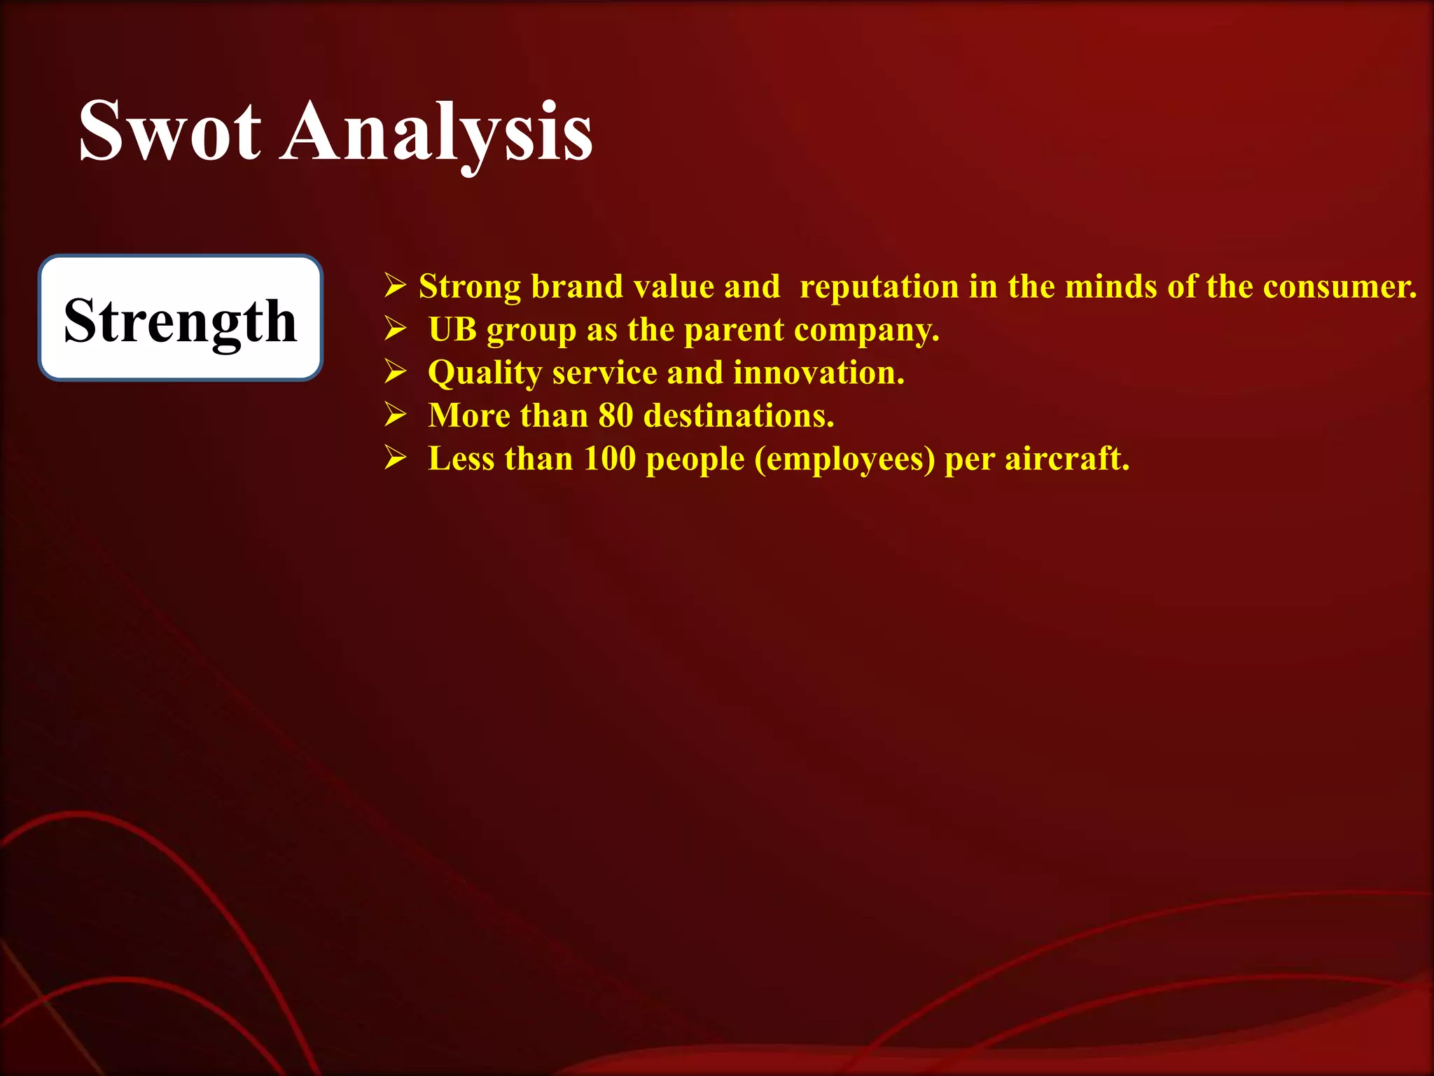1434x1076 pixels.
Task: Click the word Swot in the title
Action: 170,131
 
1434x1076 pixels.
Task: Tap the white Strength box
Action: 181,318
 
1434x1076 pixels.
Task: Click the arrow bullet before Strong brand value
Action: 395,286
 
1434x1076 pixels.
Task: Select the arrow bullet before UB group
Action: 395,329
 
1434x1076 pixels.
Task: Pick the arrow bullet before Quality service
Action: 395,372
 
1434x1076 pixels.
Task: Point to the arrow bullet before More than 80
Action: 395,415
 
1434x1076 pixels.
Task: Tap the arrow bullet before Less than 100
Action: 395,458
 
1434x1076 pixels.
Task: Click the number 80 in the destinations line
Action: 615,415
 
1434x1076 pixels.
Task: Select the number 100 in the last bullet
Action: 610,459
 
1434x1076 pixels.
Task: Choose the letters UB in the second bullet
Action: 452,329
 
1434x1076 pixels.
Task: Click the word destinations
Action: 739,416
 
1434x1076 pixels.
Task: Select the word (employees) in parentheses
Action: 844,460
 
